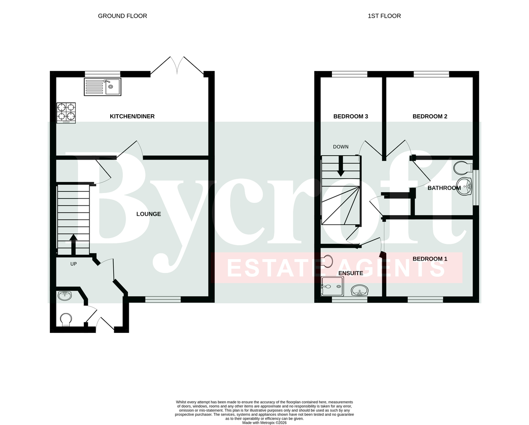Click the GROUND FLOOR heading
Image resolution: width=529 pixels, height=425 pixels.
tap(123, 16)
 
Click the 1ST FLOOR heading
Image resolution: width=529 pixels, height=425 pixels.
tap(384, 16)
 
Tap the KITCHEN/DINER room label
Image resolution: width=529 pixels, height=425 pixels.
tap(132, 116)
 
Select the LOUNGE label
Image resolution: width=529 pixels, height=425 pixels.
tap(149, 214)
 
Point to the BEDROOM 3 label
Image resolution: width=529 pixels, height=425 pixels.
tap(350, 116)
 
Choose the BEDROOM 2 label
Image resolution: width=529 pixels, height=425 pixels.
tap(430, 116)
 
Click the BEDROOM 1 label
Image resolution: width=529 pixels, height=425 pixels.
tap(430, 259)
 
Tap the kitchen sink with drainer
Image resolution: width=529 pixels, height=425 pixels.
tap(103, 87)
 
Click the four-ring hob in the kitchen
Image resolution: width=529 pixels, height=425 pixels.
tap(66, 113)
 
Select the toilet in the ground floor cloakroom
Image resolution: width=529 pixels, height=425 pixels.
tap(66, 320)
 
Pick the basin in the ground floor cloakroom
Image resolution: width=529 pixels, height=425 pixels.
tap(65, 295)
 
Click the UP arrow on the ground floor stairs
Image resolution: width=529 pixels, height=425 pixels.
tap(73, 244)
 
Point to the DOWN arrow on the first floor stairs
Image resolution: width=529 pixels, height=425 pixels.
tap(340, 166)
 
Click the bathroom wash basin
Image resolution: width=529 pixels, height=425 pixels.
tap(464, 186)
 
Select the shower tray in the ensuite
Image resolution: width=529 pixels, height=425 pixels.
tap(332, 286)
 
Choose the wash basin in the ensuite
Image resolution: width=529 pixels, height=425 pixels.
tap(360, 291)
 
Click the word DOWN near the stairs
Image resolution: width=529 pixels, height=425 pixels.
tap(340, 147)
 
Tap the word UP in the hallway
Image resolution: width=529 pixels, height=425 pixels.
tap(74, 264)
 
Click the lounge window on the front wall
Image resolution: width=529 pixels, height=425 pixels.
tap(163, 299)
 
